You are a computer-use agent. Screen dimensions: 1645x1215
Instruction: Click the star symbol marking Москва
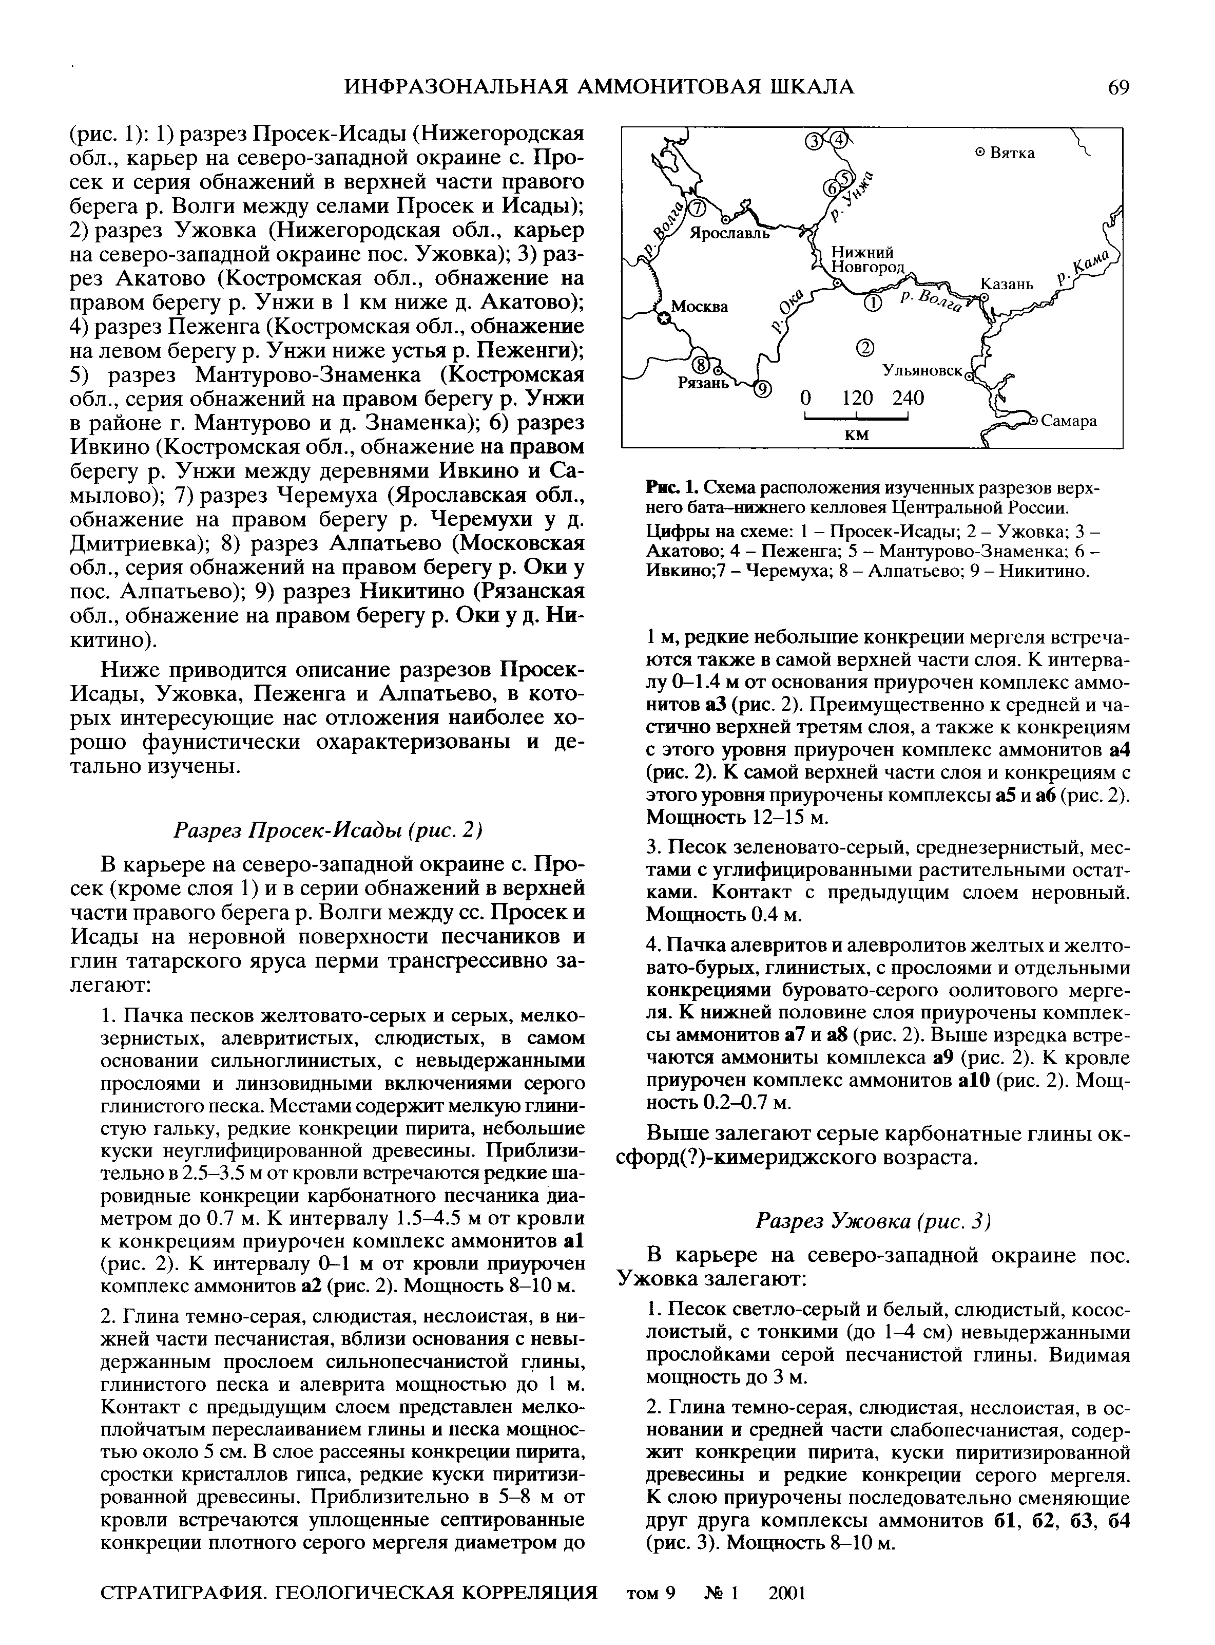pyautogui.click(x=664, y=318)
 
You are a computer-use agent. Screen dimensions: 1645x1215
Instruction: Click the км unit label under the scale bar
pyautogui.click(x=856, y=435)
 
